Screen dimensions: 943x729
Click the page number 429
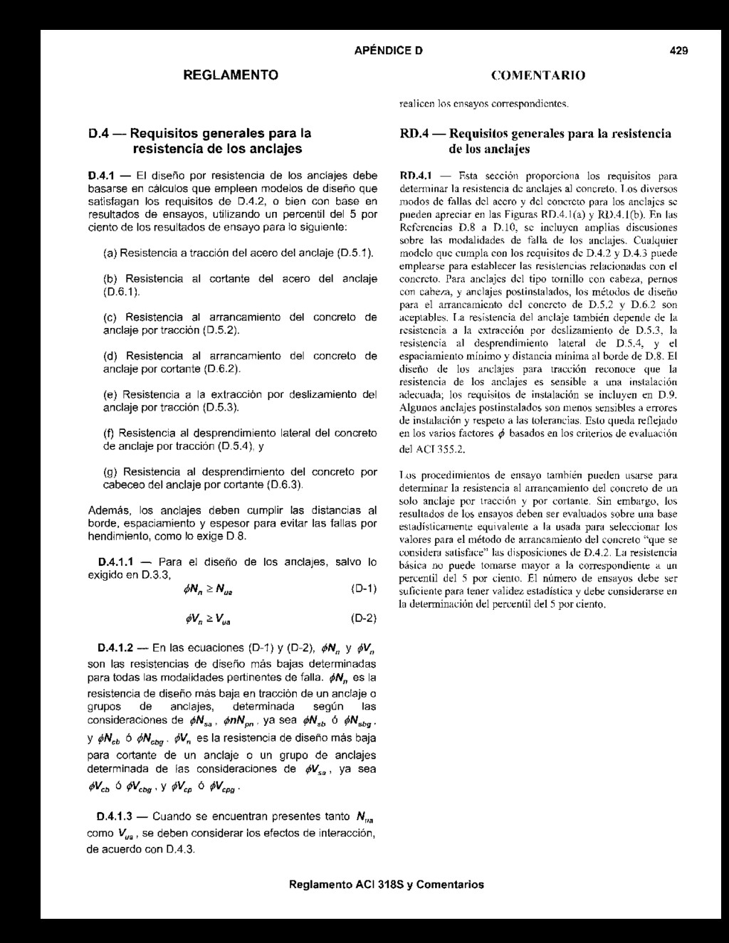point(678,51)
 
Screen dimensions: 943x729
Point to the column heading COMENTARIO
point(538,75)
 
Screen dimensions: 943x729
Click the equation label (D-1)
point(364,589)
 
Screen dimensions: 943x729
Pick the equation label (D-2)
point(364,618)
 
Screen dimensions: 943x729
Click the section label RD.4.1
point(416,174)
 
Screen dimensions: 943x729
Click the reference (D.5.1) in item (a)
point(355,253)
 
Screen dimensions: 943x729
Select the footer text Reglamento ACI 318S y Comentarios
point(387,885)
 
